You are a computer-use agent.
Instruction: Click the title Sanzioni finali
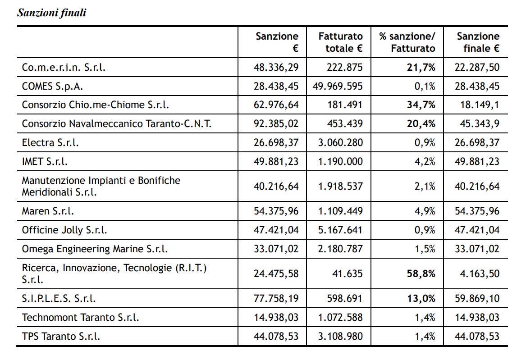click(51, 13)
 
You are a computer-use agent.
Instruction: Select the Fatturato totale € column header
click(340, 42)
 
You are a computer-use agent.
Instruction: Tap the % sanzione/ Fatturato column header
click(407, 42)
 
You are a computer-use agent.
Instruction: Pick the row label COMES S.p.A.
click(52, 86)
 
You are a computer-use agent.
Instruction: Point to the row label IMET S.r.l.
click(45, 161)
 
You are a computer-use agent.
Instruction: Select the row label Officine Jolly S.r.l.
click(64, 230)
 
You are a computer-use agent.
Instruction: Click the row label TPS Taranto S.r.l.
click(61, 336)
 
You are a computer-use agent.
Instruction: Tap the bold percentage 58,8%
click(421, 273)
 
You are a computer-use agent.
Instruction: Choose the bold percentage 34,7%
click(421, 105)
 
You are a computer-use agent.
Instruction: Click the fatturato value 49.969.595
click(338, 86)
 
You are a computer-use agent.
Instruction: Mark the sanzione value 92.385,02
click(276, 123)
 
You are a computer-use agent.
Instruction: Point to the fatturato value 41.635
click(346, 273)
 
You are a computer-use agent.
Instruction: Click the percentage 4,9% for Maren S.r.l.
click(425, 211)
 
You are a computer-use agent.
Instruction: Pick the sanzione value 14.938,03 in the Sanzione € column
click(276, 317)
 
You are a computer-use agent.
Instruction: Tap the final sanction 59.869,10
click(477, 298)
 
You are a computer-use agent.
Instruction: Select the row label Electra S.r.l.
click(50, 143)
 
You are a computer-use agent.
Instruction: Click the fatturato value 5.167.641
click(340, 230)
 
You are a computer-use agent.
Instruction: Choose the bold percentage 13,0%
click(421, 298)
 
